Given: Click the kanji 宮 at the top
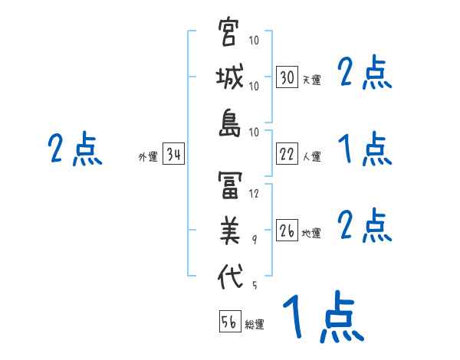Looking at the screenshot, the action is [x=229, y=33].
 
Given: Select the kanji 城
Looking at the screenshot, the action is [x=229, y=80].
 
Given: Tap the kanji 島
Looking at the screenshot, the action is [x=229, y=125].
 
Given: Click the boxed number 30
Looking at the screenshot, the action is [x=287, y=77].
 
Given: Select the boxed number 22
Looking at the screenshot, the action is [x=287, y=155].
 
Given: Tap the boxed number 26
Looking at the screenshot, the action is [x=287, y=231].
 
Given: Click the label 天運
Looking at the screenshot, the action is [x=311, y=80].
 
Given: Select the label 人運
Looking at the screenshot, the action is [x=311, y=157].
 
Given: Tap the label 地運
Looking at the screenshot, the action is [x=311, y=234].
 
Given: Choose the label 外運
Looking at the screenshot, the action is [x=148, y=157].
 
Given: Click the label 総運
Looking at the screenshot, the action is [x=255, y=324].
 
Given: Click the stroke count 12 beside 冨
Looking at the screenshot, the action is [x=255, y=194].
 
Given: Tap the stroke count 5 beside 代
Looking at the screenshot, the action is [x=254, y=286].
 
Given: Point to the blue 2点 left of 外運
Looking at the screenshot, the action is [x=75, y=149].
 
